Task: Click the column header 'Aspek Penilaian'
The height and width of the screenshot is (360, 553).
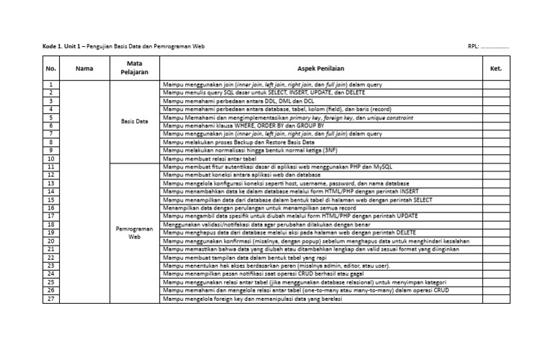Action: click(x=320, y=68)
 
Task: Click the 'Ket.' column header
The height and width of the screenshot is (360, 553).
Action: click(x=495, y=68)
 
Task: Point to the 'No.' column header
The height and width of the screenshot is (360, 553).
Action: click(x=51, y=68)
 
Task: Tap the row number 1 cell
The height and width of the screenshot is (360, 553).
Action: click(x=51, y=85)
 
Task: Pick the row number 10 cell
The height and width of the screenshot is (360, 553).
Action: click(x=51, y=158)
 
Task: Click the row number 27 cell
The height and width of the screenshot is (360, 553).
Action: click(x=51, y=299)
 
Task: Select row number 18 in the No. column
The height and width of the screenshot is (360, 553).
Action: click(x=51, y=225)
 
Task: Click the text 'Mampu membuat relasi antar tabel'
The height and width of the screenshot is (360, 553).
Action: click(x=206, y=158)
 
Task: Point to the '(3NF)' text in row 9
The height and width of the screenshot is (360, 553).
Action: click(x=327, y=150)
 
